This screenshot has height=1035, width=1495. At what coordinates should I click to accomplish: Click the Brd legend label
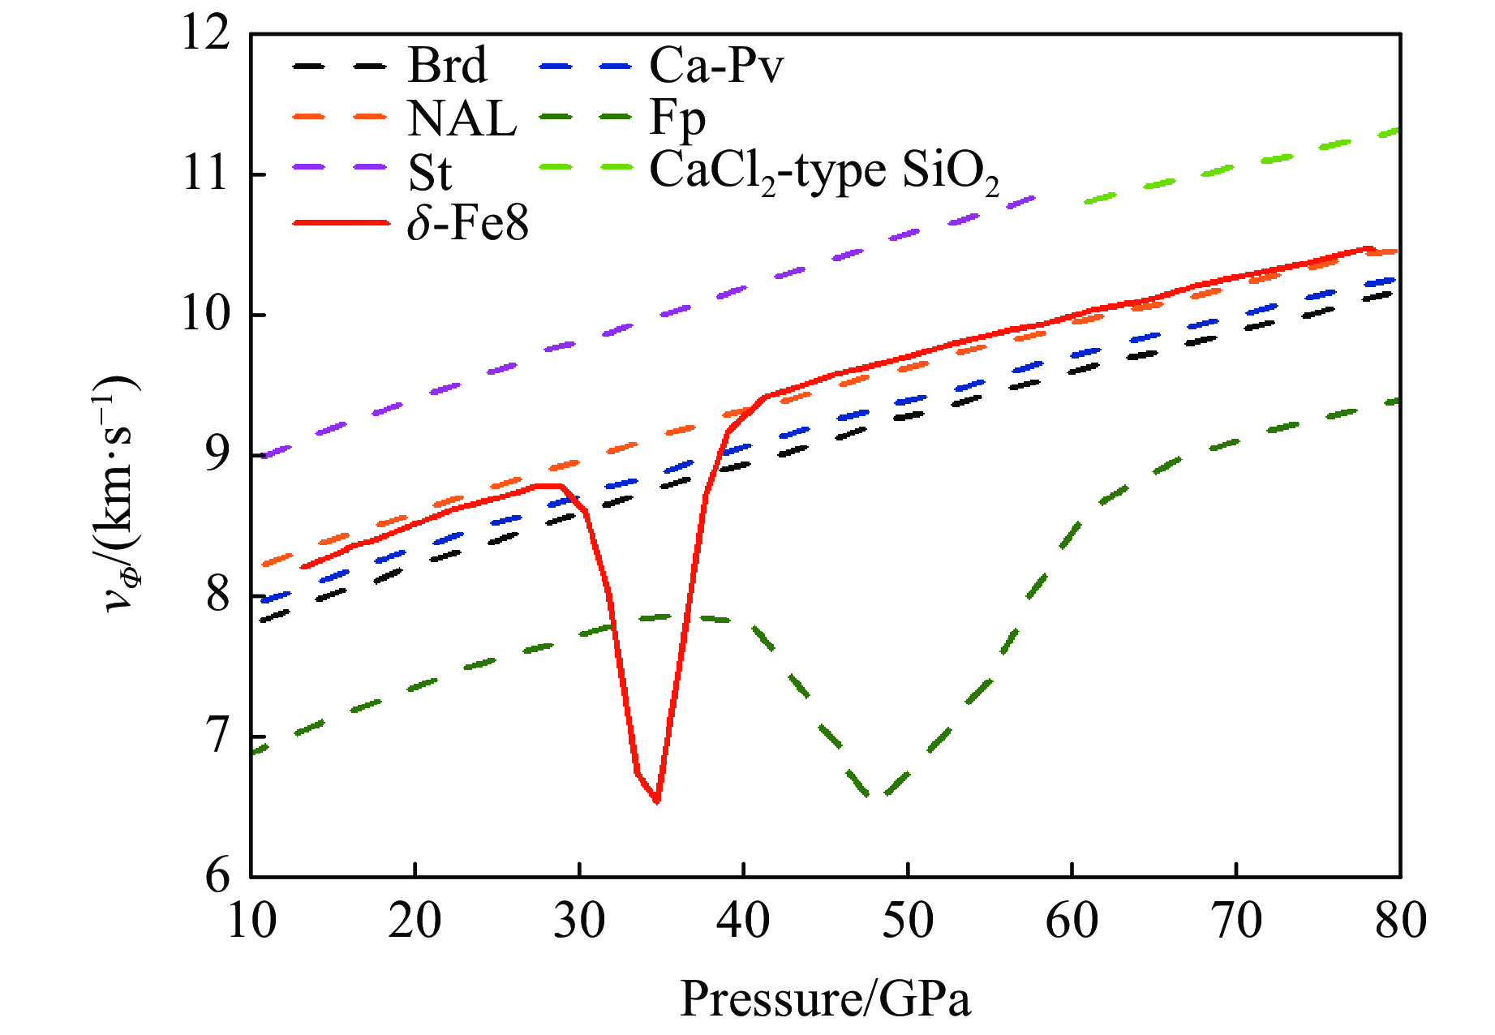pyautogui.click(x=447, y=65)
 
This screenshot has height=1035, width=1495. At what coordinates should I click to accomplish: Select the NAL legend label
pyautogui.click(x=462, y=118)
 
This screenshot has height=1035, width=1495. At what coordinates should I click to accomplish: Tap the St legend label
pyautogui.click(x=430, y=172)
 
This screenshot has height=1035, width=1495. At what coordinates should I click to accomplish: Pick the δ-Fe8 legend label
pyautogui.click(x=467, y=223)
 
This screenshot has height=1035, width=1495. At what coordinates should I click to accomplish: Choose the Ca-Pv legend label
pyautogui.click(x=716, y=65)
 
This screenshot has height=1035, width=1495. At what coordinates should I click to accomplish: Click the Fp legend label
pyautogui.click(x=677, y=118)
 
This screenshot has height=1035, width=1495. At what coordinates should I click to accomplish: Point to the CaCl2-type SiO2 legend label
pyautogui.click(x=824, y=172)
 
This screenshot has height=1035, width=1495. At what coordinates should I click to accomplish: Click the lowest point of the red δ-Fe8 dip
pyautogui.click(x=656, y=801)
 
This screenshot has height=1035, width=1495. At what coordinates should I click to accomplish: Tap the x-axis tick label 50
pyautogui.click(x=908, y=921)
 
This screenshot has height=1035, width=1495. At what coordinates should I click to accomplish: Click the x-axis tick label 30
pyautogui.click(x=579, y=921)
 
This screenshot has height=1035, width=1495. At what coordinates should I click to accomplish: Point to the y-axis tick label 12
pyautogui.click(x=206, y=36)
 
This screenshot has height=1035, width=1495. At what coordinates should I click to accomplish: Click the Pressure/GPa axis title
pyautogui.click(x=825, y=998)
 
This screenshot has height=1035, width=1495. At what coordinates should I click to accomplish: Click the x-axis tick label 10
pyautogui.click(x=251, y=921)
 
